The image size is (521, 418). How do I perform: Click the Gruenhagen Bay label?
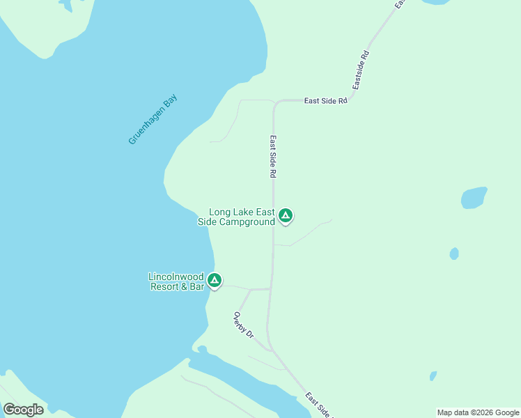tap(153, 119)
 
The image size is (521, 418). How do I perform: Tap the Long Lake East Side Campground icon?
tap(286, 215)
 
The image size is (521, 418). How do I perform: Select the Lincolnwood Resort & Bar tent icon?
tap(215, 280)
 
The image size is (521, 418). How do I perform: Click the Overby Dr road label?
tap(242, 325)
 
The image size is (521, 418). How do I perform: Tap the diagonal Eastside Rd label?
tap(359, 70)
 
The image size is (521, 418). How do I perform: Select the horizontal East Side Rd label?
tap(325, 101)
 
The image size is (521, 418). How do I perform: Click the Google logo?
tap(23, 409)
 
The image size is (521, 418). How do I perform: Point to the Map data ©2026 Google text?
tap(478, 412)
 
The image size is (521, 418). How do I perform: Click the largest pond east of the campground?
tap(474, 197)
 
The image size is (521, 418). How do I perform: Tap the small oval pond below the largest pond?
tap(454, 254)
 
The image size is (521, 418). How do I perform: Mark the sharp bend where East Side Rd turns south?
tap(277, 103)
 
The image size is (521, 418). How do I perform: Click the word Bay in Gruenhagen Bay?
tap(170, 100)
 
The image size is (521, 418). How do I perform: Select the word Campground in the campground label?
tap(247, 222)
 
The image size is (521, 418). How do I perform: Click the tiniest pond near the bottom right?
tap(433, 376)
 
